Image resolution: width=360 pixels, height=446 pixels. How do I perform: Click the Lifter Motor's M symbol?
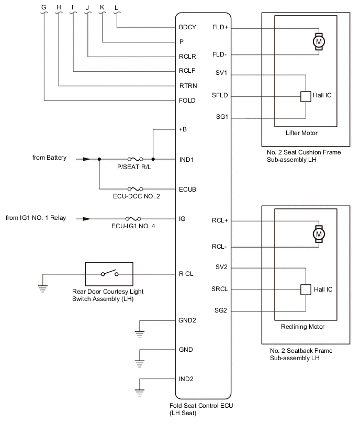click(319, 42)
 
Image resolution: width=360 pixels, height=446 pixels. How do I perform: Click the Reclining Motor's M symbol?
click(319, 234)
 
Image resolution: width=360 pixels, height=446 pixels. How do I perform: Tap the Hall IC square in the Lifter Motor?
click(306, 96)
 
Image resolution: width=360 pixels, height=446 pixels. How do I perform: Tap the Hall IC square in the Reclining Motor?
click(306, 289)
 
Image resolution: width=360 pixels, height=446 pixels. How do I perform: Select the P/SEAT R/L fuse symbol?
click(136, 159)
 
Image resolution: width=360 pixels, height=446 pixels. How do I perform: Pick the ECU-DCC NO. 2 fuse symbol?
click(136, 188)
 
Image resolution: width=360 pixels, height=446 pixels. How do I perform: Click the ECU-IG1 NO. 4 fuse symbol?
click(133, 219)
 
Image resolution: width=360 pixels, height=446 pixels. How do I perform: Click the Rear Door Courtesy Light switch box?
click(109, 274)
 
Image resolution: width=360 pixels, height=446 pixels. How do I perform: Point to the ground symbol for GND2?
click(139, 334)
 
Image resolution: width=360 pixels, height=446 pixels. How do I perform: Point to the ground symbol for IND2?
click(139, 393)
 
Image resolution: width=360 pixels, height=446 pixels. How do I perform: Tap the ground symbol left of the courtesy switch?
click(43, 289)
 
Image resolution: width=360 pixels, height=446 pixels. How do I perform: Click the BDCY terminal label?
click(187, 27)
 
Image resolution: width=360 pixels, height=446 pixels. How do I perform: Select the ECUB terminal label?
click(187, 189)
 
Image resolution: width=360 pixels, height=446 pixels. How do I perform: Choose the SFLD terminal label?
click(220, 95)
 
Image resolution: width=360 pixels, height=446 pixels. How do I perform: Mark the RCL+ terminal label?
click(220, 220)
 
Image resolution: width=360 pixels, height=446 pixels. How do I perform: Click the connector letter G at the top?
click(44, 7)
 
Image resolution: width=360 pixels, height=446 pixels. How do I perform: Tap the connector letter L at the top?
click(116, 8)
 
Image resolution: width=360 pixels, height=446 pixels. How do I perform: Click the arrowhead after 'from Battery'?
click(86, 159)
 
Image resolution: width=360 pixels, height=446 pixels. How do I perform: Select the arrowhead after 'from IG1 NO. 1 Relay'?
click(86, 219)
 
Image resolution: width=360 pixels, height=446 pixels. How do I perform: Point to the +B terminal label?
click(183, 129)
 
